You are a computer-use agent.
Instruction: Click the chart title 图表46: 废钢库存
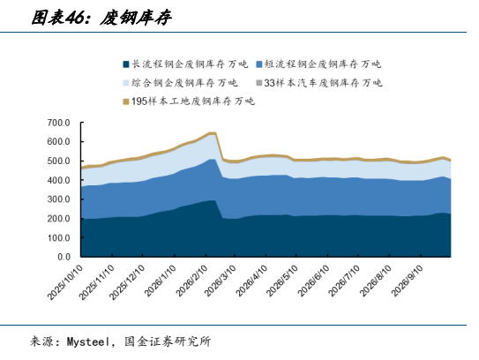(x=101, y=18)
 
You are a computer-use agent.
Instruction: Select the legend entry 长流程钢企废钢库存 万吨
(x=185, y=64)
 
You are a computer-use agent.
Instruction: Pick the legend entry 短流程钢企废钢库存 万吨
(x=318, y=64)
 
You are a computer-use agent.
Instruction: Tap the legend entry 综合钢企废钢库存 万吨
(x=180, y=83)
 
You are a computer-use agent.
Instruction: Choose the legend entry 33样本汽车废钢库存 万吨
(x=319, y=83)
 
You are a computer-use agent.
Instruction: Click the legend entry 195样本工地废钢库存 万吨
(x=189, y=101)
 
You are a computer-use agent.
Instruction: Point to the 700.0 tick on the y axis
(x=58, y=123)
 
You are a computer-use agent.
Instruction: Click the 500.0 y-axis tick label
(x=58, y=161)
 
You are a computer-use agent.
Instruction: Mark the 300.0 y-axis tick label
(x=58, y=199)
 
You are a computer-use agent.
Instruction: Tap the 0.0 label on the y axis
(x=64, y=257)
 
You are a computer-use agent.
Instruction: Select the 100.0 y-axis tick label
(x=58, y=237)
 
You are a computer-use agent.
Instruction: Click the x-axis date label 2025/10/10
(x=65, y=281)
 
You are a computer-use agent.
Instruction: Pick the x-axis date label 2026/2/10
(x=191, y=281)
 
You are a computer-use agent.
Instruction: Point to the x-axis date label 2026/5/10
(x=282, y=281)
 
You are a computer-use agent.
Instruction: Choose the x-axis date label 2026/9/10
(x=408, y=281)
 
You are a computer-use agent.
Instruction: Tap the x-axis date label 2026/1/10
(x=160, y=281)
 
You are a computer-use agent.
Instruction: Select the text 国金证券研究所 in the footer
(x=168, y=341)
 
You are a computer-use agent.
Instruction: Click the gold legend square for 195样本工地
(x=126, y=101)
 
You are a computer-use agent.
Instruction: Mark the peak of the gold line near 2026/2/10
(x=213, y=133)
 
